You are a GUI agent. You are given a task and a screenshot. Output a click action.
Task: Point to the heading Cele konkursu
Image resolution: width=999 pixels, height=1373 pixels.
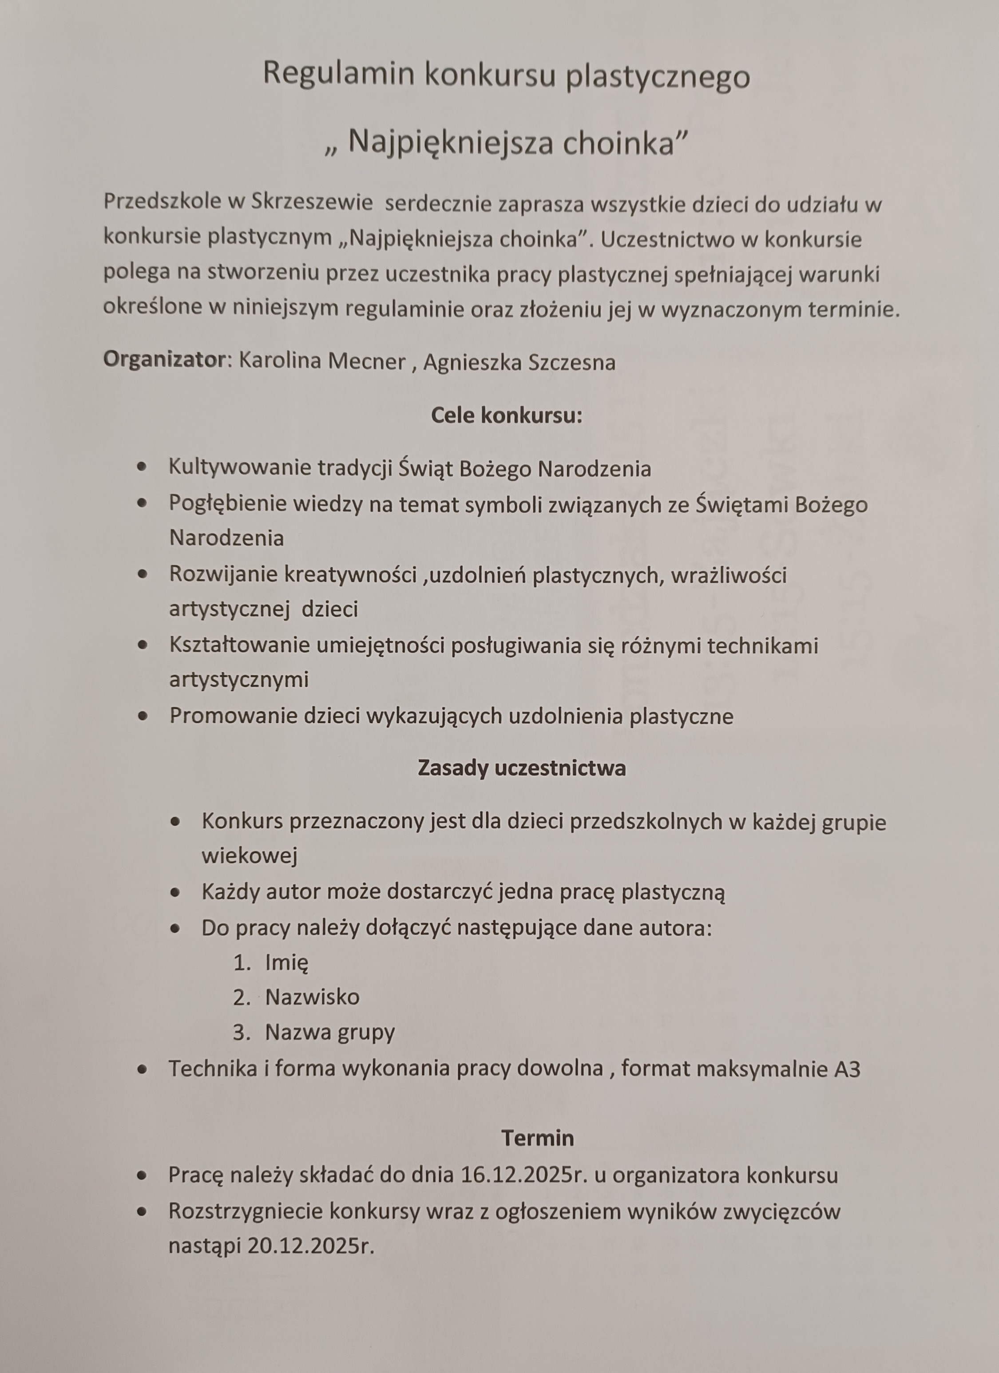coord(506,416)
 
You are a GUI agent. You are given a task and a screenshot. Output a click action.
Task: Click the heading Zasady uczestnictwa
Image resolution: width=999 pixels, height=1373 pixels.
coord(521,768)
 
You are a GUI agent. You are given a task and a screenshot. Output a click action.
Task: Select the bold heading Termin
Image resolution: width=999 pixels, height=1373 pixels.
coord(537,1138)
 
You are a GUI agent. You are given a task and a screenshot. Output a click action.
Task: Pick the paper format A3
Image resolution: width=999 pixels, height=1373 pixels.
coord(846,1069)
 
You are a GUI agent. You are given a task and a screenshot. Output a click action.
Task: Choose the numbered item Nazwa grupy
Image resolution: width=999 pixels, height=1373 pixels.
coord(329,1032)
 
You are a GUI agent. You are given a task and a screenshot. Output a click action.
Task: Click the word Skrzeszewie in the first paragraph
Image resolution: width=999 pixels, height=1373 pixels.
coord(311,202)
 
